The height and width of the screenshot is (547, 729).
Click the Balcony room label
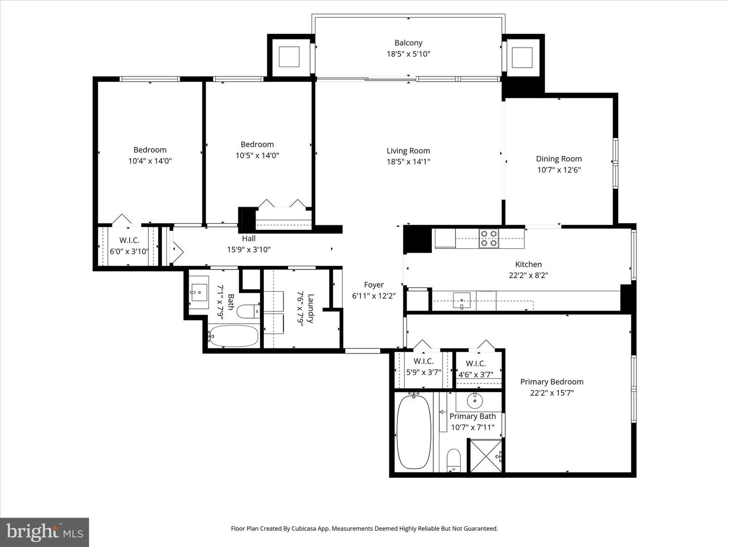408,43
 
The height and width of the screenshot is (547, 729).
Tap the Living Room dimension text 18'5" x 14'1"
408,162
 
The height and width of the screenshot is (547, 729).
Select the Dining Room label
559,159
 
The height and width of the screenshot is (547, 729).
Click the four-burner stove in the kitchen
489,238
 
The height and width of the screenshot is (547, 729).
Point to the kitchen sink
461,300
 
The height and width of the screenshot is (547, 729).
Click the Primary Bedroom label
552,382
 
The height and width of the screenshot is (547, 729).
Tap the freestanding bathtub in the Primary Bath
414,432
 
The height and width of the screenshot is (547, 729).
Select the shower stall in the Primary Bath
487,456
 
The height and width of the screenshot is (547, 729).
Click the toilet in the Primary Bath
454,460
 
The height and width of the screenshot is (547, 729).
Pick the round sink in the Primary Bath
475,401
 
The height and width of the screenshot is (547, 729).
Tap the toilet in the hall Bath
248,311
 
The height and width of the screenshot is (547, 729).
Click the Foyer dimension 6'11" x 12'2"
374,296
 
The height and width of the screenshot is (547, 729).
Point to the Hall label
249,239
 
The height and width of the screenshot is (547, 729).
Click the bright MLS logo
45,532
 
